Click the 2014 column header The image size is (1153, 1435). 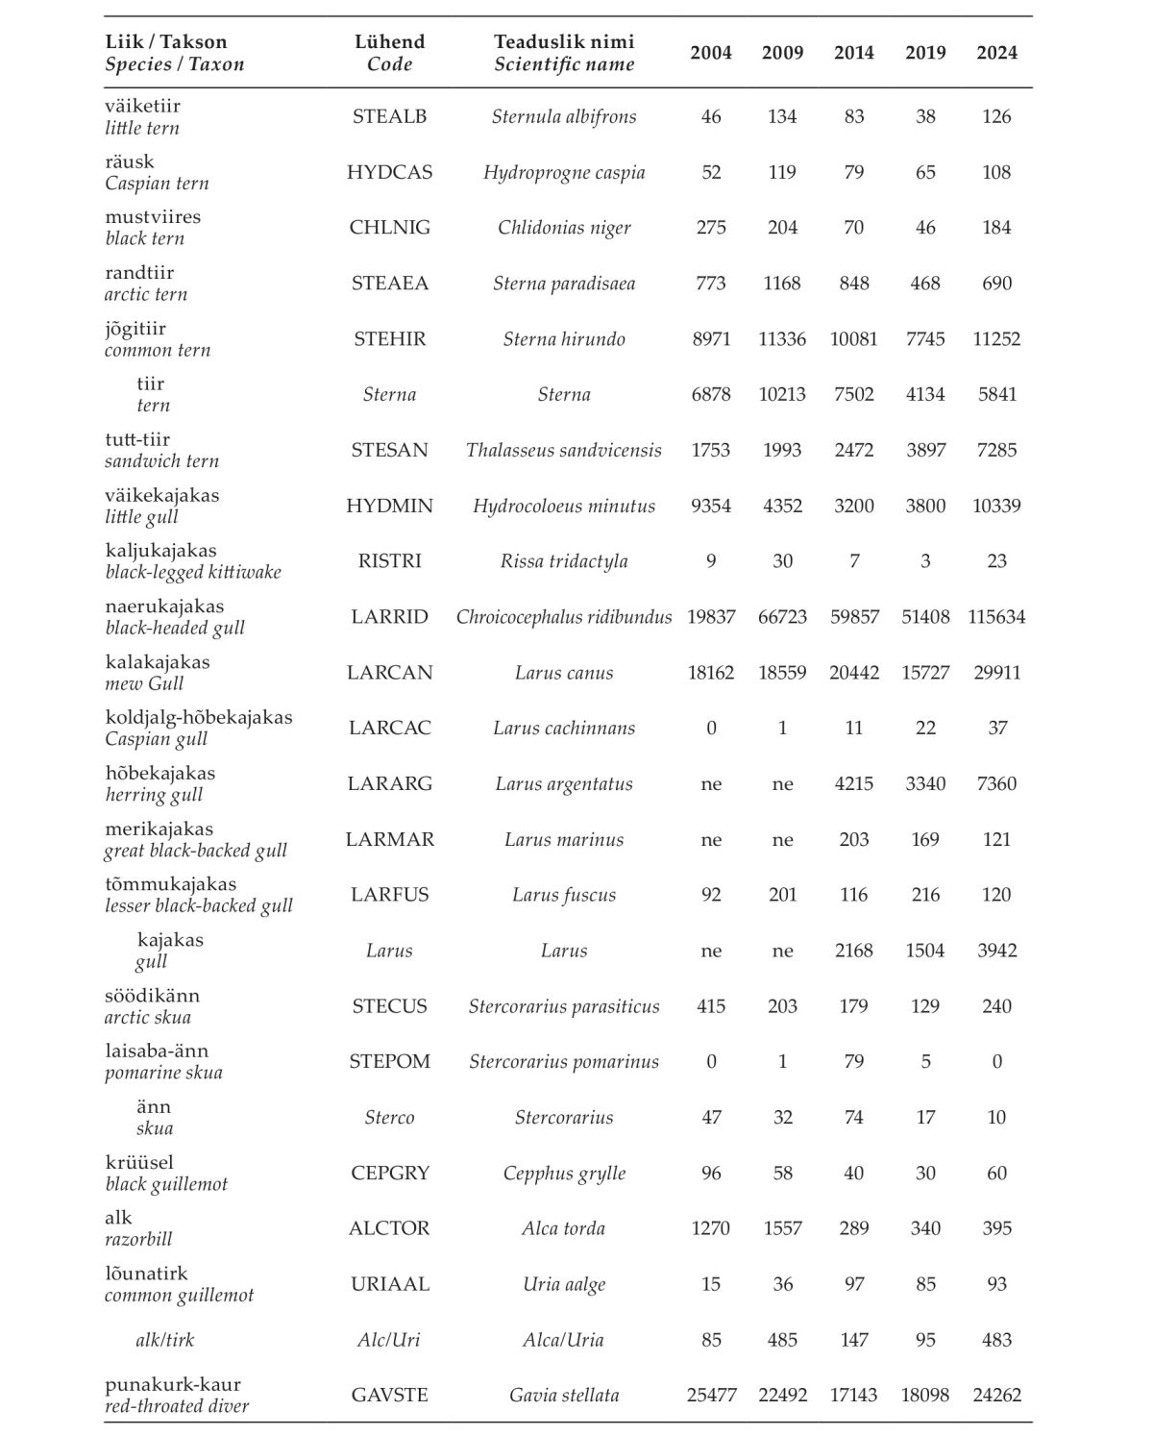853,53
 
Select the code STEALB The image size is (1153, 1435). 389,116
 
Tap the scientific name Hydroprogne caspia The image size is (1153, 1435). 564,172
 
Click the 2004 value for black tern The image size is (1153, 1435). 711,228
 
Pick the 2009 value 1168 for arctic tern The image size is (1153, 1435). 782,284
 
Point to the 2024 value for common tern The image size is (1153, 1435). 996,338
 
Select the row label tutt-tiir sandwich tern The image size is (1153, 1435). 161,450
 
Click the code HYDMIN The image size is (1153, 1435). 389,506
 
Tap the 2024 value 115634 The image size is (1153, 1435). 996,617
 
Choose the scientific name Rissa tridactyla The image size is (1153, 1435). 564,561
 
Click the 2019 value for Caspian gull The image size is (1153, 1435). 925,728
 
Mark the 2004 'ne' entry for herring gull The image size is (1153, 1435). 711,784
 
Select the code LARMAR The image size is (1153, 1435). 389,839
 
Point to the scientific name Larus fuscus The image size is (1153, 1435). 564,895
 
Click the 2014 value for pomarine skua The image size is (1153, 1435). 853,1062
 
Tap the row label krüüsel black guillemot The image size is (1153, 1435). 166,1173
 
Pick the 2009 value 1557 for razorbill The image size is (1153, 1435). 782,1228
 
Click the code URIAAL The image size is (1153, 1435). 389,1284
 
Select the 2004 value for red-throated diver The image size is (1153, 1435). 711,1395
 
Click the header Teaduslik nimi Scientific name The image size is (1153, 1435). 564,53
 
